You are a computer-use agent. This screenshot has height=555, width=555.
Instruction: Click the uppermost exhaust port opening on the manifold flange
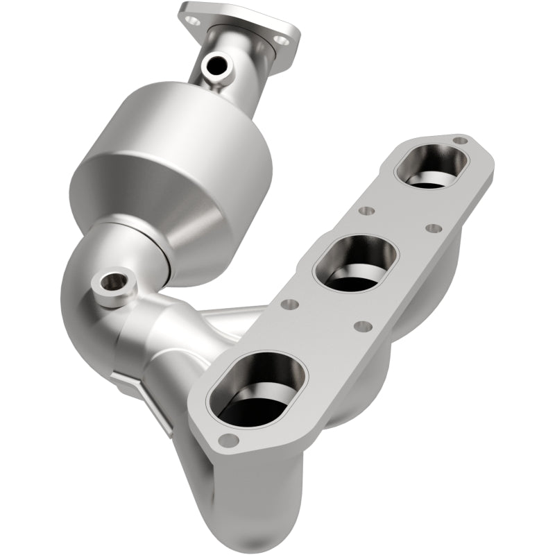432,166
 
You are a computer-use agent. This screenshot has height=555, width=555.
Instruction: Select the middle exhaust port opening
353,263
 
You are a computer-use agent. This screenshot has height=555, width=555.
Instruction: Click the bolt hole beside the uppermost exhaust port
460,141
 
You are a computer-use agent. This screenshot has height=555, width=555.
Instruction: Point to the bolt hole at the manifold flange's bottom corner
228,438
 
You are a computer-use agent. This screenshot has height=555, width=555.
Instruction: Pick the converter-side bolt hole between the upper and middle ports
368,210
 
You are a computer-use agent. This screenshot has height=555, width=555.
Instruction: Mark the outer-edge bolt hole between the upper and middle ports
433,228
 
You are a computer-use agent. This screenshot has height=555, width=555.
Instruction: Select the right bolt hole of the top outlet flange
281,41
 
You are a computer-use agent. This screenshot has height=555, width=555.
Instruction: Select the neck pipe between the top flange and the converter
232,76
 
